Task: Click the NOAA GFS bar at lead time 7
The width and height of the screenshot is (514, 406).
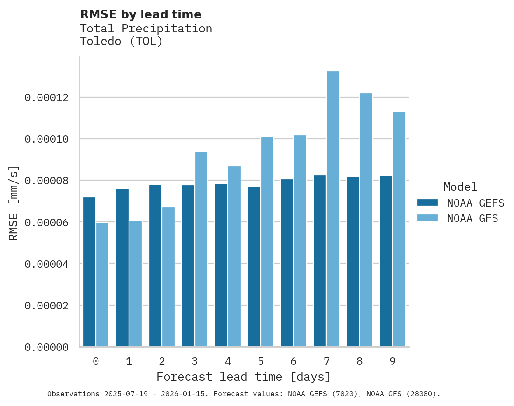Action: tap(333, 209)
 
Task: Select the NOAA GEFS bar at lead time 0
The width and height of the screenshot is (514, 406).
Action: tap(89, 272)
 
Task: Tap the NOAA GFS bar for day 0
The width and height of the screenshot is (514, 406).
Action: tap(102, 285)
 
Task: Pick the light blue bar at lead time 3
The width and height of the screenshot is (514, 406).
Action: tap(201, 249)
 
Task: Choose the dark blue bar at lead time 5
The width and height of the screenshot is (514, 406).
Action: tap(254, 267)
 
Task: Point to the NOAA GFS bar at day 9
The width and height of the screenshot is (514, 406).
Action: tap(399, 230)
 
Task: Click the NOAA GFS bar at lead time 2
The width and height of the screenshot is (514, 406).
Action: tap(168, 277)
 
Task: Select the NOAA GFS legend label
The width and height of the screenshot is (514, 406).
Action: tap(472, 218)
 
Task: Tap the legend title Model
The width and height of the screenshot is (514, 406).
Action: tap(460, 187)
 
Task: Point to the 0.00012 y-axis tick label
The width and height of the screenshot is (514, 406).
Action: tap(47, 98)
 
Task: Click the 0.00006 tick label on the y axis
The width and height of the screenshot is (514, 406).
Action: tap(47, 223)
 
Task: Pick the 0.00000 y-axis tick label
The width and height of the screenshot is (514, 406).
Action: tap(47, 347)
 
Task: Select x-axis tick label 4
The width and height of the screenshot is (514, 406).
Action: tap(228, 361)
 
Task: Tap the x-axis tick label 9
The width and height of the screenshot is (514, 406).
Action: tap(392, 361)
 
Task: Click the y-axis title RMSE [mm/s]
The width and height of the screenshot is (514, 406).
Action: tap(14, 203)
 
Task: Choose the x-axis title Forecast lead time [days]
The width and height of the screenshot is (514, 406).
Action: tap(244, 377)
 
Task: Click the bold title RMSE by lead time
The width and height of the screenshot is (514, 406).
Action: tap(141, 14)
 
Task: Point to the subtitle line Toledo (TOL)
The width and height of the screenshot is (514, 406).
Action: tap(121, 42)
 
